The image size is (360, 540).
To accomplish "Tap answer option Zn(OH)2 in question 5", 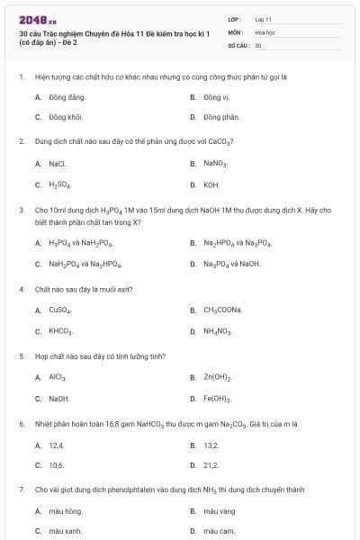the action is (x=217, y=377).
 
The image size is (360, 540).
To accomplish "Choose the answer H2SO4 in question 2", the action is (x=59, y=184).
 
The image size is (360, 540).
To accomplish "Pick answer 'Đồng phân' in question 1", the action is (x=220, y=117).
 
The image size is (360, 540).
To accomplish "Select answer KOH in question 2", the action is (x=211, y=184).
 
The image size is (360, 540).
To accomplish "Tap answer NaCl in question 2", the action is (x=58, y=164).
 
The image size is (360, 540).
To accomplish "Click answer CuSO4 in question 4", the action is (x=59, y=310).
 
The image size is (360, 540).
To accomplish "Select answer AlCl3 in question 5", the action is (x=58, y=377).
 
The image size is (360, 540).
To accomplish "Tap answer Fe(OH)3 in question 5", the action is (x=217, y=398).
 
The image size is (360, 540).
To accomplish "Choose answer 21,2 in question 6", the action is (x=211, y=465).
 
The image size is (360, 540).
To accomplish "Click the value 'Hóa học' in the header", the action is (x=265, y=31).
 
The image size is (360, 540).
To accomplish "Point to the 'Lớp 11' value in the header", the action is (x=263, y=18).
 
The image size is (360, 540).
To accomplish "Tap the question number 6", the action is (x=21, y=423).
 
